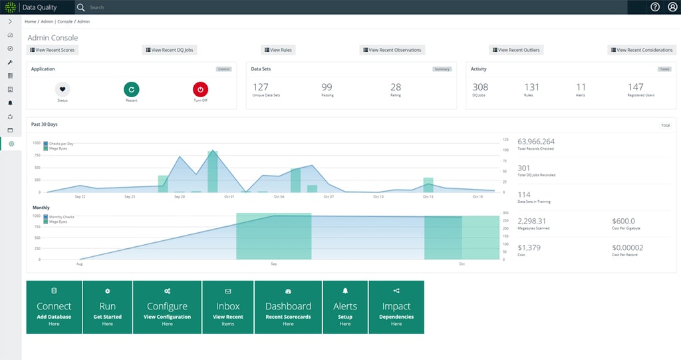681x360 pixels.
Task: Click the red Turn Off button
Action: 200,89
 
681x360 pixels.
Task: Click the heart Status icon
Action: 62,89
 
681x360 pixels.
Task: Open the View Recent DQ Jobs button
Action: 170,50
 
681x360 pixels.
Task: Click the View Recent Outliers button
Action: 515,50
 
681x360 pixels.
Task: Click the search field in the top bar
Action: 200,7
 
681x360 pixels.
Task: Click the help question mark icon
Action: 655,7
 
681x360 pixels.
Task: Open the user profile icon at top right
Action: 672,7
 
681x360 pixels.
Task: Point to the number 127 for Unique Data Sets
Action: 261,87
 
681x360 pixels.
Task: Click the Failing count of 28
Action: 396,87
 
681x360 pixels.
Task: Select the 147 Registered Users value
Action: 635,87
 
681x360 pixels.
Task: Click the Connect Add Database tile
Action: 54,307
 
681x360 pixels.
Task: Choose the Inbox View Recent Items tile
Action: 228,307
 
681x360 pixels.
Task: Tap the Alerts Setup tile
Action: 345,307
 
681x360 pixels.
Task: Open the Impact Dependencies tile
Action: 396,307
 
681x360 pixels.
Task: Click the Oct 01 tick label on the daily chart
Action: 229,197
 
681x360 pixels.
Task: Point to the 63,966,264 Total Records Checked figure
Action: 536,142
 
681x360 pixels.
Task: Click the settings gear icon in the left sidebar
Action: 11,143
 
